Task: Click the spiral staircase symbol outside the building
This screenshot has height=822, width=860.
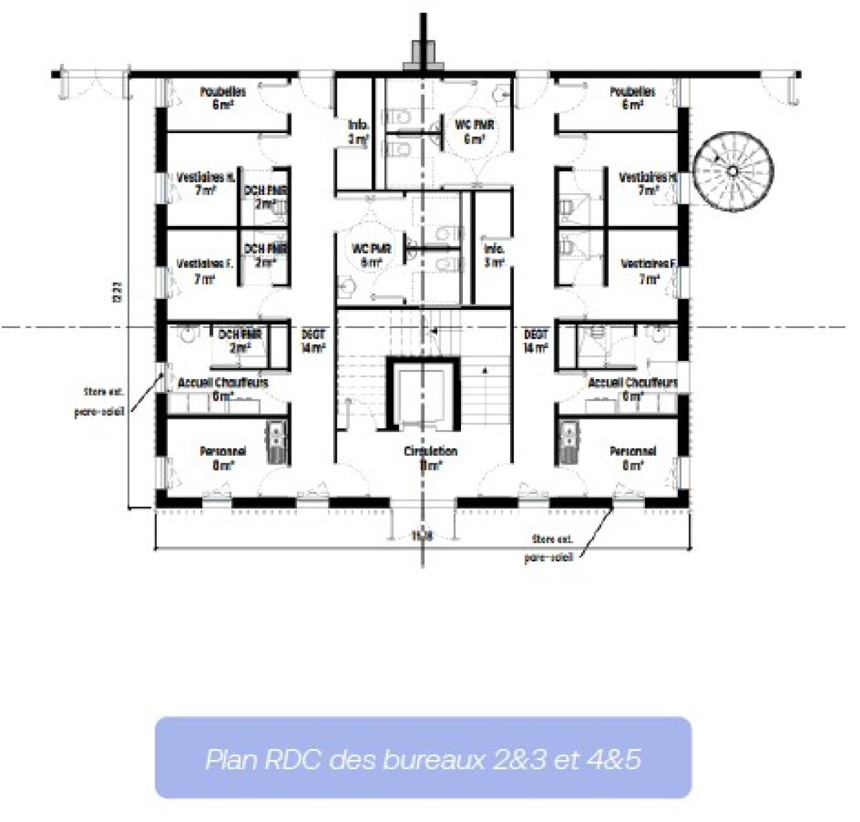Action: pyautogui.click(x=733, y=171)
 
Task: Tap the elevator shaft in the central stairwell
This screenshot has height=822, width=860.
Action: pyautogui.click(x=422, y=395)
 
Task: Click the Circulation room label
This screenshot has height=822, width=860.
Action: pyautogui.click(x=430, y=457)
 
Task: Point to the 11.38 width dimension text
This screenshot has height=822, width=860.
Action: pyautogui.click(x=421, y=536)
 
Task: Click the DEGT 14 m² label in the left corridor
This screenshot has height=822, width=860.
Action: pyautogui.click(x=313, y=340)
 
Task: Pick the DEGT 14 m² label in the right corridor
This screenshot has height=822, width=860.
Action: pyautogui.click(x=535, y=340)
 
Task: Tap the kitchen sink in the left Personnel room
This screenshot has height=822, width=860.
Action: pyautogui.click(x=277, y=442)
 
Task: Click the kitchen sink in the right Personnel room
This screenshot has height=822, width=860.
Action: pyautogui.click(x=568, y=442)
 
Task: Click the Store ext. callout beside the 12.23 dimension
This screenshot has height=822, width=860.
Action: pyautogui.click(x=99, y=401)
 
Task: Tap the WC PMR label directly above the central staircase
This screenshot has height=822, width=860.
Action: pyautogui.click(x=372, y=255)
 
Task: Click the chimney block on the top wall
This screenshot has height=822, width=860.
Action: pyautogui.click(x=423, y=55)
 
